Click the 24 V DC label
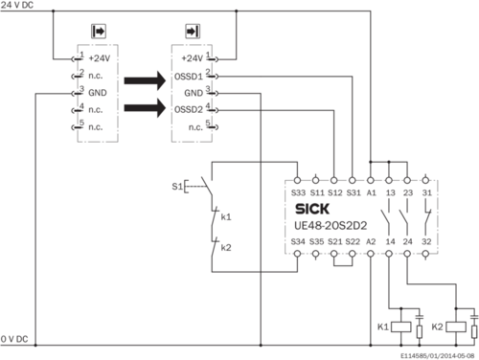19,6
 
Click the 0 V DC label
16,340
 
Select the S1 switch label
175,186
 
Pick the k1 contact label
225,217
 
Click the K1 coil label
381,327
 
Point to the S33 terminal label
298,193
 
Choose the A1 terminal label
371,193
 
